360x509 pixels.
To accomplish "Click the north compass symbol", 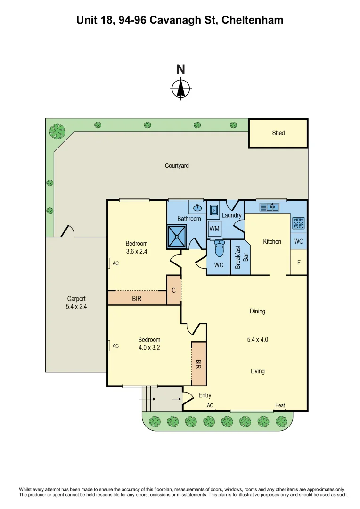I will click(180, 88).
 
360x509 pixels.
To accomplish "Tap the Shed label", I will click(278, 133).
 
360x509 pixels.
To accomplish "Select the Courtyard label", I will click(177, 165).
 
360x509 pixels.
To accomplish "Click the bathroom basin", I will click(197, 208).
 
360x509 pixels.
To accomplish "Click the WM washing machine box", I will click(214, 229).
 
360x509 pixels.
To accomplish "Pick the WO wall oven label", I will click(298, 241).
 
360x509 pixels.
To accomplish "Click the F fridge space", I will click(298, 263).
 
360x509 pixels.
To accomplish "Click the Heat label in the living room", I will click(280, 406).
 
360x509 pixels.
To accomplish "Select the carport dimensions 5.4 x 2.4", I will click(76, 306).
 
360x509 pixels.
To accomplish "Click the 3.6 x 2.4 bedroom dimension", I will click(137, 252).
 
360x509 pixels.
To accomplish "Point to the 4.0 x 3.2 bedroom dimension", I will click(149, 348).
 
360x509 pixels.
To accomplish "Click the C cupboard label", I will click(173, 291).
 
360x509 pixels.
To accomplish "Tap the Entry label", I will click(205, 395).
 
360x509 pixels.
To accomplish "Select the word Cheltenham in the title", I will click(252, 20).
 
